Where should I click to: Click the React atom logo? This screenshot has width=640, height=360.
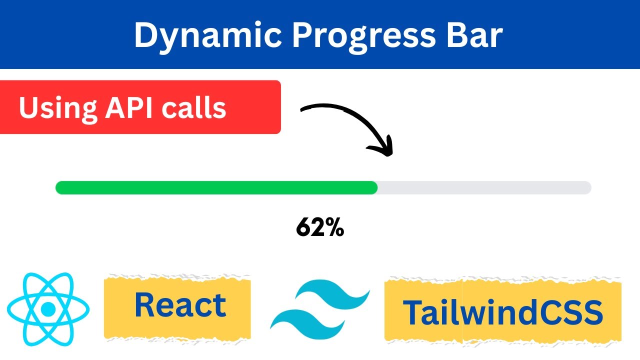pos(48,309)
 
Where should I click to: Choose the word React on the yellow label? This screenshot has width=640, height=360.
pos(180,305)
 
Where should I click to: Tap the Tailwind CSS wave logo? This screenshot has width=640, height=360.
pos(320,308)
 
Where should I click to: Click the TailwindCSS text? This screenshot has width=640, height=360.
pos(502,312)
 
